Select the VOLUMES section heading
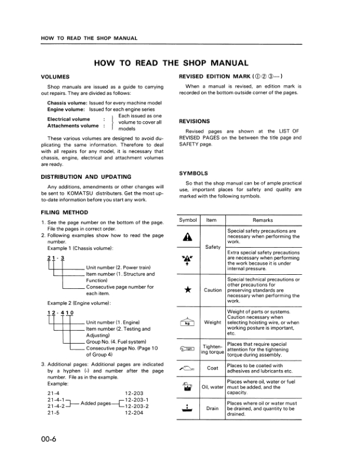click(x=55, y=77)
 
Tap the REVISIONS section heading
click(x=195, y=121)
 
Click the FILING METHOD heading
click(x=65, y=212)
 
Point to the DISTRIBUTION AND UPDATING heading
click(x=86, y=177)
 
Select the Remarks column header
click(x=263, y=219)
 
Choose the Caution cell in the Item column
click(x=212, y=290)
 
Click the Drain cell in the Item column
click(x=212, y=407)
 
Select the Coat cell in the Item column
click(x=212, y=369)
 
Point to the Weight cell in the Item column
click(x=212, y=322)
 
